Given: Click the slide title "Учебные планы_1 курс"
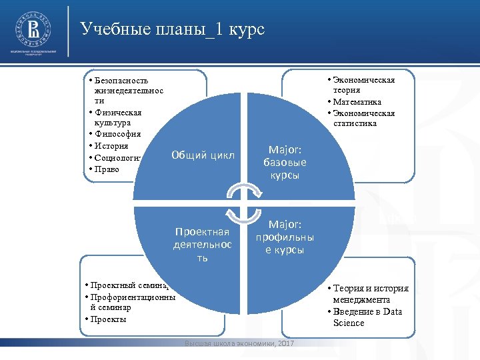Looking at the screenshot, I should coord(172,29).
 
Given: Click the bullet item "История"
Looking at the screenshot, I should coord(112,145).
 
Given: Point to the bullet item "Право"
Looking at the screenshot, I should coord(108,169).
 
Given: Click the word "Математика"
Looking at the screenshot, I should coord(358,101).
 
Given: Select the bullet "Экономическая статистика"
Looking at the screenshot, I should coord(364,118).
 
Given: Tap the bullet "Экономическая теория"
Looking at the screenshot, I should coord(364,85).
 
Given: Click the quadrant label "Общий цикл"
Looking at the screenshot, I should coord(203,155).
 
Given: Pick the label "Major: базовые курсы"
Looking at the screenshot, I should coord(285,163).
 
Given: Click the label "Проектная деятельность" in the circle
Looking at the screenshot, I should coord(202,244).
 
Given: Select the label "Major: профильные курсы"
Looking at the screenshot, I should coord(285,237).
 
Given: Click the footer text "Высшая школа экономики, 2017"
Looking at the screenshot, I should coord(238,343).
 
